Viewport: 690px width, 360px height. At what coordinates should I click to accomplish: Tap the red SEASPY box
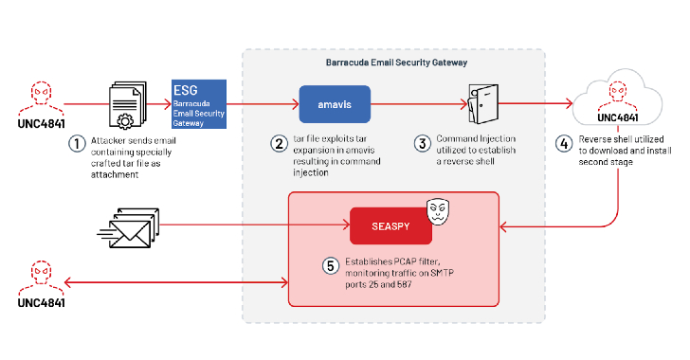tap(385, 226)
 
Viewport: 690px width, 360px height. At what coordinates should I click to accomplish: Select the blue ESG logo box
tap(198, 103)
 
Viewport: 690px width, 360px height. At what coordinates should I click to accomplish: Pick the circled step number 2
tap(279, 144)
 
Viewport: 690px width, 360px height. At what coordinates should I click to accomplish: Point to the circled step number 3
tap(424, 144)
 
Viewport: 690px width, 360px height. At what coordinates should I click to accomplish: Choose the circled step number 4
tap(566, 144)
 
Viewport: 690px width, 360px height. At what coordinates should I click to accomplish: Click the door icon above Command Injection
tap(481, 103)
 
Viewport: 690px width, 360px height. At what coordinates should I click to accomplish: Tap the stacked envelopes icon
tap(123, 226)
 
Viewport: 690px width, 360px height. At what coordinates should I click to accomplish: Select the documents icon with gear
tap(122, 103)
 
